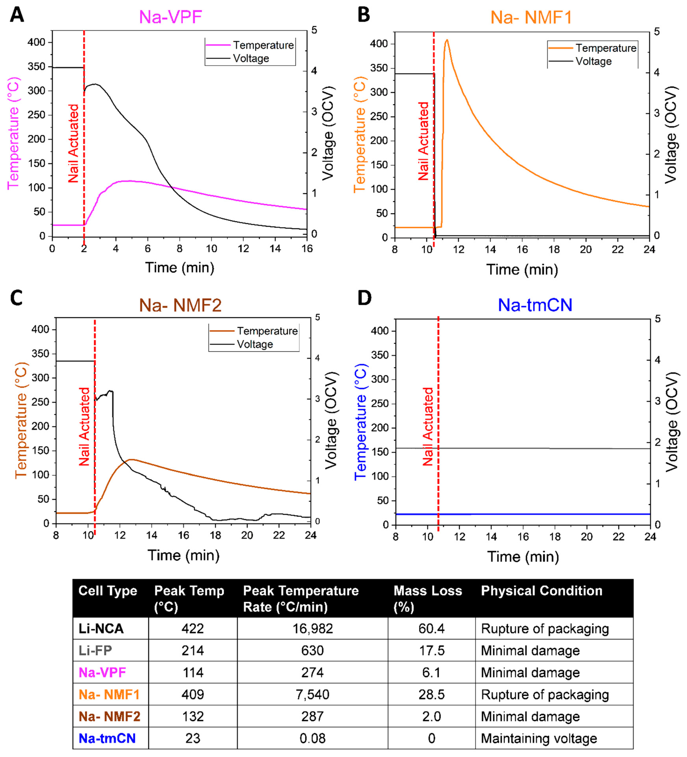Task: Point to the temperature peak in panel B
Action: pyautogui.click(x=447, y=40)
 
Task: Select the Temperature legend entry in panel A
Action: pyautogui.click(x=263, y=45)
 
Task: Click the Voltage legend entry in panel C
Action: pyautogui.click(x=255, y=344)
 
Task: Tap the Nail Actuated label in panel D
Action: pyautogui.click(x=428, y=427)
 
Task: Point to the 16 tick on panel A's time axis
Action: pyautogui.click(x=307, y=249)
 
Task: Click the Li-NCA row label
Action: pyautogui.click(x=101, y=629)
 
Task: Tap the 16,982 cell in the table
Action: pyautogui.click(x=313, y=629)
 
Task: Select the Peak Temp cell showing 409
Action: pyautogui.click(x=193, y=694)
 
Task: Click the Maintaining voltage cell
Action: pyautogui.click(x=539, y=738)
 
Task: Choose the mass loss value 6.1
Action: pyautogui.click(x=431, y=672)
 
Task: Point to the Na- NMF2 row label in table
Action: pyautogui.click(x=109, y=716)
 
